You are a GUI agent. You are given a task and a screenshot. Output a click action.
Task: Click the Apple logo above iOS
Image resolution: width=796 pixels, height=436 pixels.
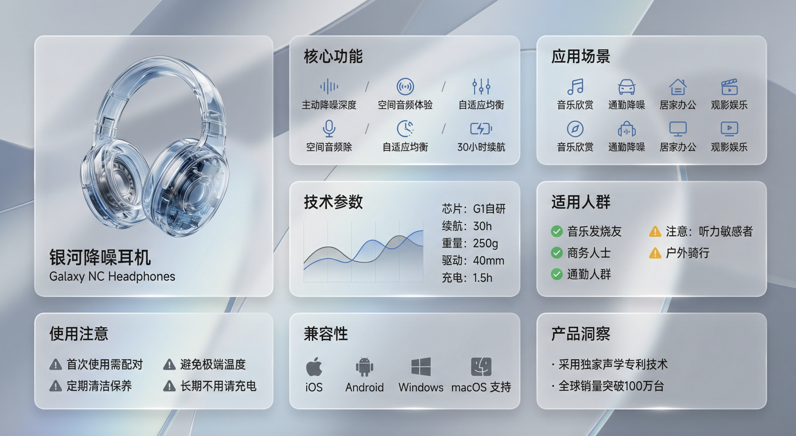tap(314, 367)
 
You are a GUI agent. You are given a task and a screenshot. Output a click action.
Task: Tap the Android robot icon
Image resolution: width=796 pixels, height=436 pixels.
tap(364, 367)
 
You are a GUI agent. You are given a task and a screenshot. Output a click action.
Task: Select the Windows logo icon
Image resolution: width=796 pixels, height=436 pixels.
tap(421, 367)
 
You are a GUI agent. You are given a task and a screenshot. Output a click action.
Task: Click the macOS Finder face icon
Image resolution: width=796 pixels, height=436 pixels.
tap(481, 367)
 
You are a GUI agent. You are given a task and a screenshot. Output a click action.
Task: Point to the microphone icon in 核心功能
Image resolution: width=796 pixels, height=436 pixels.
tap(329, 129)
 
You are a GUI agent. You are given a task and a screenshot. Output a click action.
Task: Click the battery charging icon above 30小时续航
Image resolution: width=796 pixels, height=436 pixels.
tap(481, 129)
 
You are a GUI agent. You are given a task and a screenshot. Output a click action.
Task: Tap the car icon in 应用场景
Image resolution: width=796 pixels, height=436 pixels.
tap(627, 87)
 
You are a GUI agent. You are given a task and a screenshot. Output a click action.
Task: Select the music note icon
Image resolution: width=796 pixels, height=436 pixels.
tap(575, 87)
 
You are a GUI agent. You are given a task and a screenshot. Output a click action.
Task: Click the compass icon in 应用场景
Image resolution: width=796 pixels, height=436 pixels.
tap(575, 129)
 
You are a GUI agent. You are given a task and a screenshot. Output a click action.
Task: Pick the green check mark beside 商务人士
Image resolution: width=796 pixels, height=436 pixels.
tap(557, 253)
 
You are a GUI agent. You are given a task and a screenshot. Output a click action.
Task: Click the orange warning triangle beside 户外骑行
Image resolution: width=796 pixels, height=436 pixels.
tap(655, 253)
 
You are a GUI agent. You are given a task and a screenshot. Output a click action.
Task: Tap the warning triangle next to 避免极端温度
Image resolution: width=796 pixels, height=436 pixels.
tap(169, 365)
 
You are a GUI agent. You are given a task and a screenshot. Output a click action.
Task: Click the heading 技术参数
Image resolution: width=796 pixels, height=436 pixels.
tap(333, 202)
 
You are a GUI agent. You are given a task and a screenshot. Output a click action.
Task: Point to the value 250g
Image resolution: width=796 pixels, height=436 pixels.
tap(485, 244)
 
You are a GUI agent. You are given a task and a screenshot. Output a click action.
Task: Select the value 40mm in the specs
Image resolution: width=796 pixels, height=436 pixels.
tap(488, 261)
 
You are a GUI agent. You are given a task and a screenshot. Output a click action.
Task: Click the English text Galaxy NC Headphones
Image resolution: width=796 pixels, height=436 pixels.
tap(112, 276)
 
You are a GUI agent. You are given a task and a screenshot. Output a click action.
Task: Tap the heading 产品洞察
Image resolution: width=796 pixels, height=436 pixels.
tap(580, 333)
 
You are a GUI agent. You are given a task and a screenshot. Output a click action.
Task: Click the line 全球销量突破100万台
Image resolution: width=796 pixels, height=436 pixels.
tap(611, 386)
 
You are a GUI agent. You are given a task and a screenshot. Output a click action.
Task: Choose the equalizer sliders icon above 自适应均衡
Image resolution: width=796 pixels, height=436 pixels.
tap(481, 87)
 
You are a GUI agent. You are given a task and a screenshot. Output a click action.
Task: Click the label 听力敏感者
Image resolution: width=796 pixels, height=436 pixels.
tap(726, 231)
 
